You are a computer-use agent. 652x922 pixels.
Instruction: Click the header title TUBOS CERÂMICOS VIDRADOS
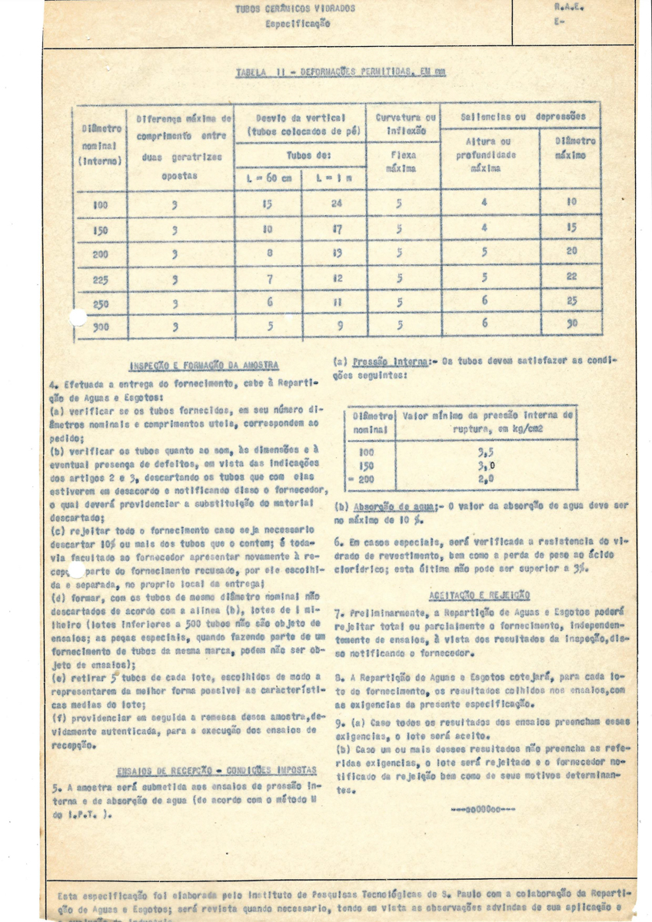(x=295, y=9)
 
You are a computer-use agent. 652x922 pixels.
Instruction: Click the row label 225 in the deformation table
(x=100, y=280)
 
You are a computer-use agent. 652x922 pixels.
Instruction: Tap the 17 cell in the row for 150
(x=336, y=230)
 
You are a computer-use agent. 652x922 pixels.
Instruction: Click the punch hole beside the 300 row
(x=78, y=317)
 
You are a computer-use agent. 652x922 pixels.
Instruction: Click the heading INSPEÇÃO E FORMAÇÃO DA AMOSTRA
(x=204, y=365)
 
